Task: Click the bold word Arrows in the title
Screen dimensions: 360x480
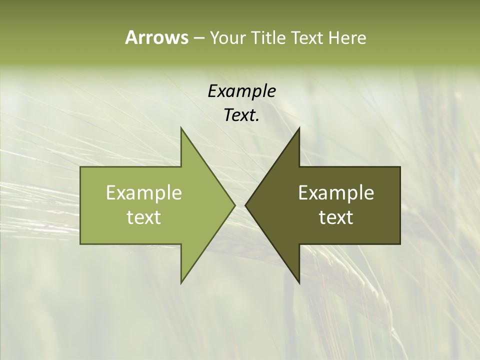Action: point(156,37)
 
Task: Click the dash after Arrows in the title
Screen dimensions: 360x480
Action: point(198,38)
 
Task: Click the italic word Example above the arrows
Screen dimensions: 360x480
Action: point(241,91)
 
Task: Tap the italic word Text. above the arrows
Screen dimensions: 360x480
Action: point(241,115)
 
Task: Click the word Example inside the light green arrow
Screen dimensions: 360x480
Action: point(144,192)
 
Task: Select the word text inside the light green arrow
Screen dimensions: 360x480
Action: point(144,217)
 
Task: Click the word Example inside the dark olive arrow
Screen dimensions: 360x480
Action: point(336,192)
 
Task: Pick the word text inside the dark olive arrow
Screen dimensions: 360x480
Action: point(336,217)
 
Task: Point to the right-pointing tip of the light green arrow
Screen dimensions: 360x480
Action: point(234,205)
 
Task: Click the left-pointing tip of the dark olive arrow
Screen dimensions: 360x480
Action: point(245,205)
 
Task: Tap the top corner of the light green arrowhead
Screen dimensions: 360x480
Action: point(181,128)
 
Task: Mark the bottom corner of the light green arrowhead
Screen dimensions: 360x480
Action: point(181,283)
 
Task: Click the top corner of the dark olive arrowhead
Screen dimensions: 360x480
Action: point(299,128)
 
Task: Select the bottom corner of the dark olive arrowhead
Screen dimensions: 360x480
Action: point(299,283)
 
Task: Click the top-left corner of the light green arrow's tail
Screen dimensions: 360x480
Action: point(80,167)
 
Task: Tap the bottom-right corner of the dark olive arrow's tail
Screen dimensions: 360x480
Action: point(400,244)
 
